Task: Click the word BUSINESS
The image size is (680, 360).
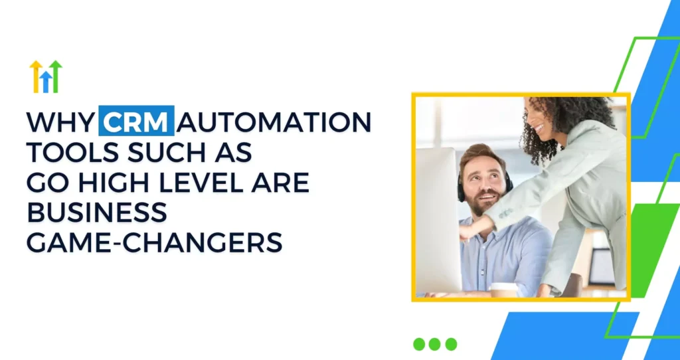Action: pyautogui.click(x=97, y=212)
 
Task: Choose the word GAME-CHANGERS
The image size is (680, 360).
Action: pyautogui.click(x=154, y=242)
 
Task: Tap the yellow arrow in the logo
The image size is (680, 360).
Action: pyautogui.click(x=36, y=76)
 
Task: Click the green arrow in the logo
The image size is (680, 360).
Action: pyautogui.click(x=56, y=76)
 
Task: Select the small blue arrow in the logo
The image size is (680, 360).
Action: pyautogui.click(x=46, y=82)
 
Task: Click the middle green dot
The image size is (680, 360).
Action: pyautogui.click(x=434, y=344)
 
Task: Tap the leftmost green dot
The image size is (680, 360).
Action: pyautogui.click(x=419, y=344)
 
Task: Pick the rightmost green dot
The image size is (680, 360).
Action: pyautogui.click(x=451, y=344)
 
